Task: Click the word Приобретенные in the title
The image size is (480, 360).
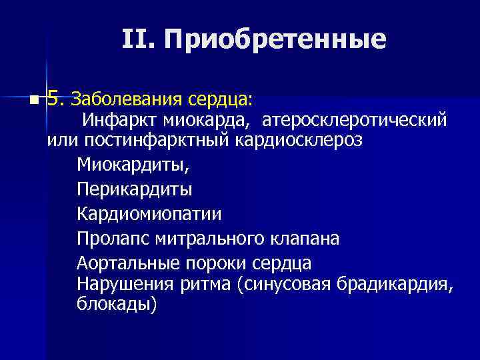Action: (x=275, y=40)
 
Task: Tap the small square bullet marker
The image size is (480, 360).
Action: (x=33, y=101)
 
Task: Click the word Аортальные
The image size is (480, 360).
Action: (x=122, y=262)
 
